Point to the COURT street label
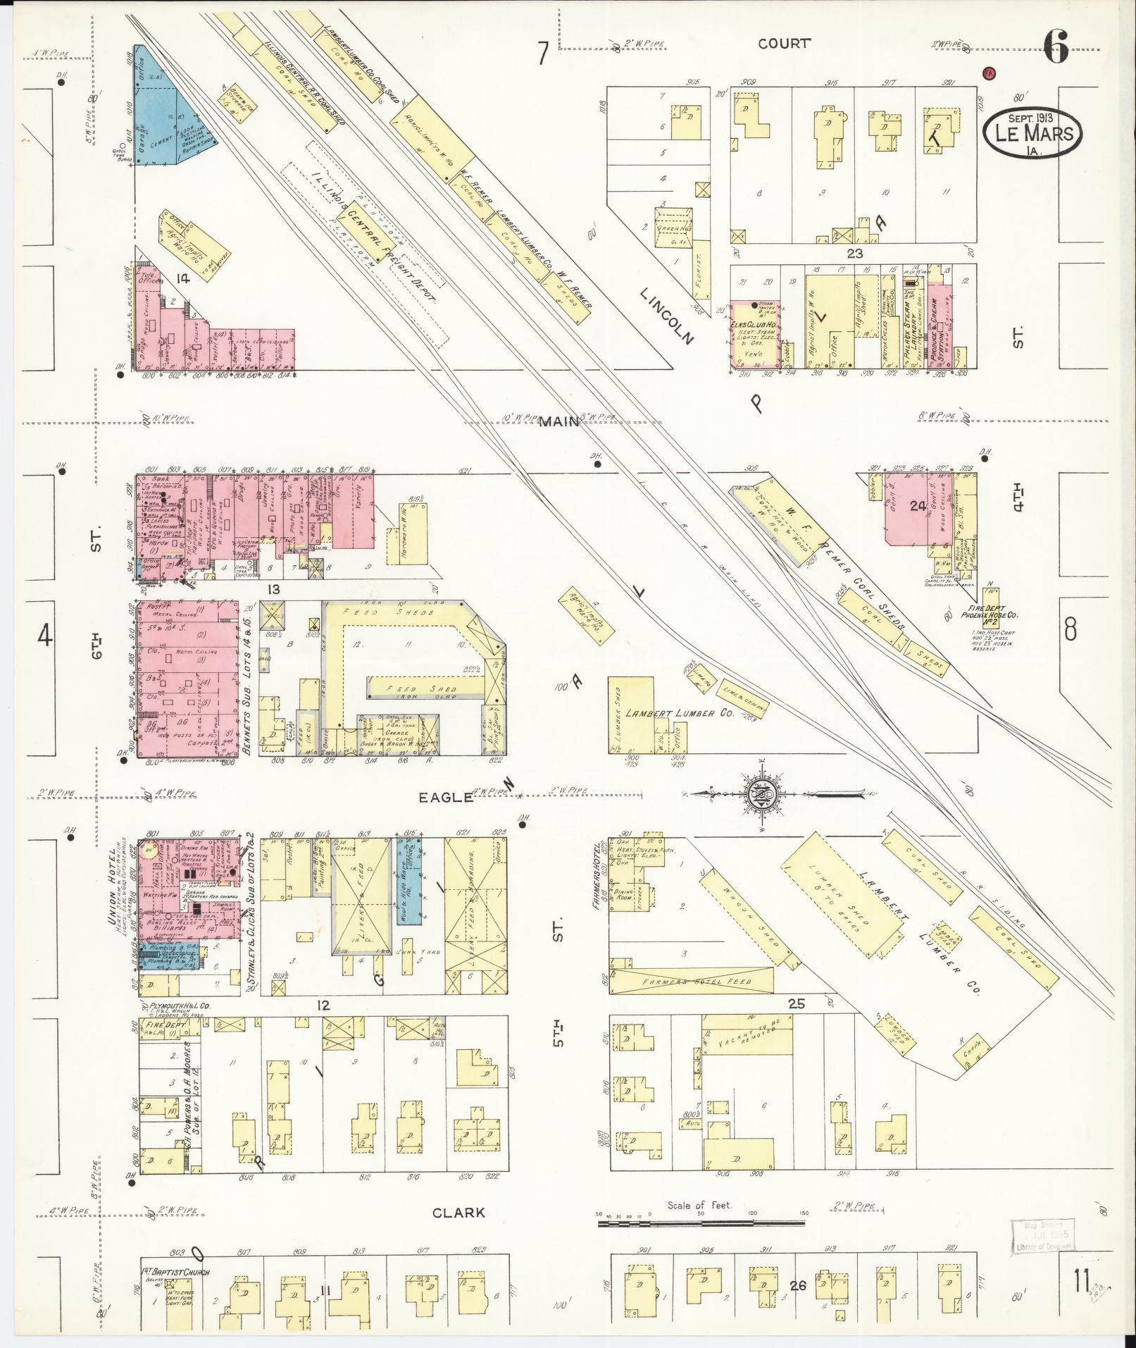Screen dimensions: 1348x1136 (x=784, y=44)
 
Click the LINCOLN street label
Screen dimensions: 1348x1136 (x=667, y=316)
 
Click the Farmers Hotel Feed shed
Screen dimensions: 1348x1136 (x=694, y=981)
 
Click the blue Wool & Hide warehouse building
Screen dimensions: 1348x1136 (x=413, y=880)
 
